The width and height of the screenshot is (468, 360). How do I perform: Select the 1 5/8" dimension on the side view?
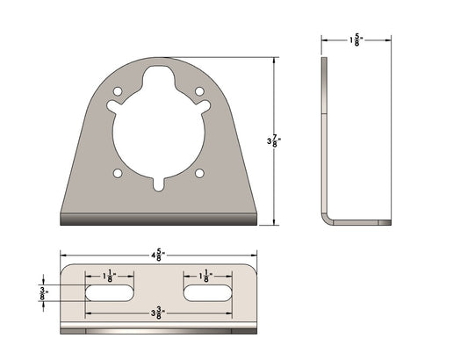[356, 40]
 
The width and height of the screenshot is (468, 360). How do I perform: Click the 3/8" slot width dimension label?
[43, 292]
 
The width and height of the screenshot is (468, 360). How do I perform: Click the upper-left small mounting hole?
[119, 91]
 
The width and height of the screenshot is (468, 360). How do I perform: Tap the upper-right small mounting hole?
[199, 91]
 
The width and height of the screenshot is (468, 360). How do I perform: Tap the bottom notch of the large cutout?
[159, 185]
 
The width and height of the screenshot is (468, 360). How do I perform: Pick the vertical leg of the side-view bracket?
[323, 132]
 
